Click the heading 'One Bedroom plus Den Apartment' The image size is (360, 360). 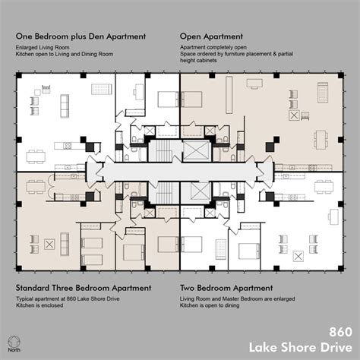pos(78,36)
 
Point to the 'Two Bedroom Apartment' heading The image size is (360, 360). pos(226,288)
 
